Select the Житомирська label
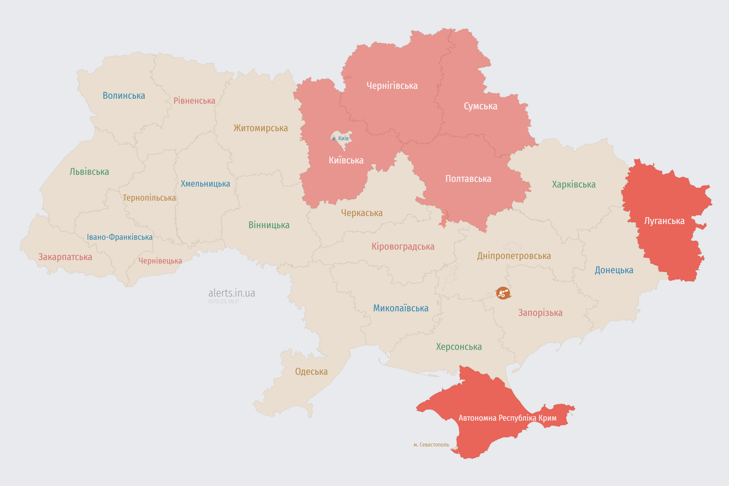(261, 128)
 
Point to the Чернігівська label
(392, 86)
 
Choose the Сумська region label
(480, 106)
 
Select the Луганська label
(664, 221)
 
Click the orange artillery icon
(503, 293)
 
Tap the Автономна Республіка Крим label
(507, 418)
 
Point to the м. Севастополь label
(431, 445)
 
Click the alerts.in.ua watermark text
(232, 293)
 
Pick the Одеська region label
(311, 372)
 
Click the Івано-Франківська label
(120, 237)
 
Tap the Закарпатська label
(65, 257)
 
